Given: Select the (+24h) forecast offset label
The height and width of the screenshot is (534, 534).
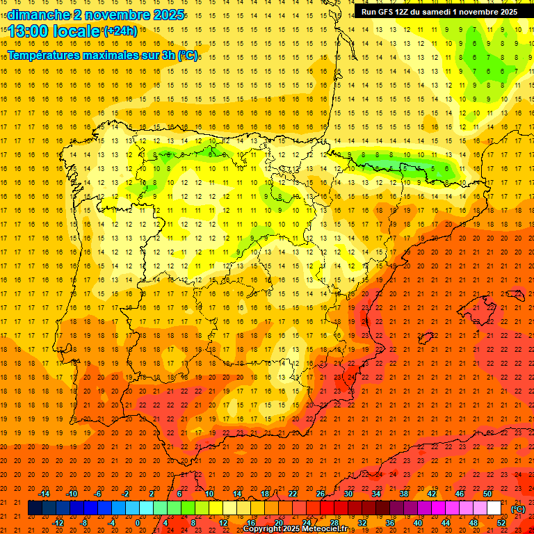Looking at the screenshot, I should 120,31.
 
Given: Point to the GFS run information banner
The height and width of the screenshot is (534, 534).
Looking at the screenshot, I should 439,12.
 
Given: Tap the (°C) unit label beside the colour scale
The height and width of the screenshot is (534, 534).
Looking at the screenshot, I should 518,509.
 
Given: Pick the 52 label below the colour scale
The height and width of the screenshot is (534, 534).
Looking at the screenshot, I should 501,523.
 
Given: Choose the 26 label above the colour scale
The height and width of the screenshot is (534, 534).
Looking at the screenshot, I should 321,494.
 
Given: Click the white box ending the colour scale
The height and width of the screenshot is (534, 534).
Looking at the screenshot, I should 494,508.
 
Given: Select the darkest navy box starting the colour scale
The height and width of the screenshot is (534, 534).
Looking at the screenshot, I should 35,508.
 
